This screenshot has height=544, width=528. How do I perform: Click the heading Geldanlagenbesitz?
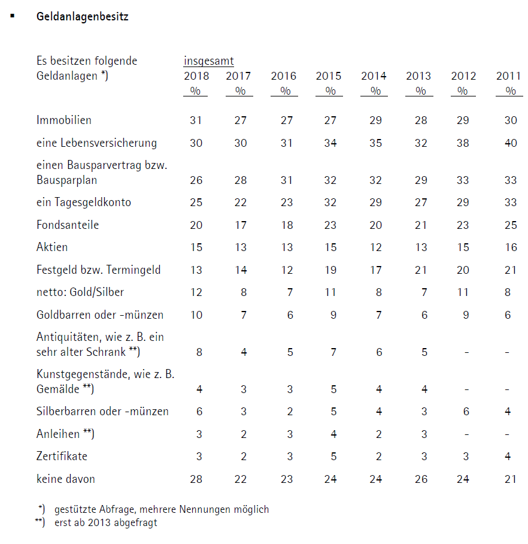(x=82, y=17)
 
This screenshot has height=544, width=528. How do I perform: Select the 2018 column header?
(x=196, y=76)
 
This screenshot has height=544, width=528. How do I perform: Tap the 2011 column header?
(x=508, y=76)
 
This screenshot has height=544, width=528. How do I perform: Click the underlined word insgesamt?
(x=208, y=61)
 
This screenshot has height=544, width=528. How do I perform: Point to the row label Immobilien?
(x=64, y=120)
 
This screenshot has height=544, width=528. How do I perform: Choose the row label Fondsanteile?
(x=68, y=225)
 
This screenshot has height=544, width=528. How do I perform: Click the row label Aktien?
(x=52, y=247)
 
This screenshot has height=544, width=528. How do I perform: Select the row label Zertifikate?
(x=62, y=457)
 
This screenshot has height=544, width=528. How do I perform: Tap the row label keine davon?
(x=65, y=479)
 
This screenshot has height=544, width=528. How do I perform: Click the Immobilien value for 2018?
(x=196, y=120)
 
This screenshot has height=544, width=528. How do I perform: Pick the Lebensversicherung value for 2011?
(x=510, y=143)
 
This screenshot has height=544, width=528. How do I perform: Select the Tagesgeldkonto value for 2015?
(x=330, y=203)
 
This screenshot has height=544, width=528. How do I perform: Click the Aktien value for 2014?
(x=376, y=247)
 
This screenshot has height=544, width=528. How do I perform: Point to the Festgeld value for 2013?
(x=421, y=270)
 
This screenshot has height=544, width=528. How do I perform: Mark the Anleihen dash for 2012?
(x=466, y=434)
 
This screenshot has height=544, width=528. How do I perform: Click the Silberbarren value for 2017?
(x=244, y=412)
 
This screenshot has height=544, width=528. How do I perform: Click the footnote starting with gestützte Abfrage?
(x=162, y=510)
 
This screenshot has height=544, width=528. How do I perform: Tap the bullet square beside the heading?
(x=13, y=14)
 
